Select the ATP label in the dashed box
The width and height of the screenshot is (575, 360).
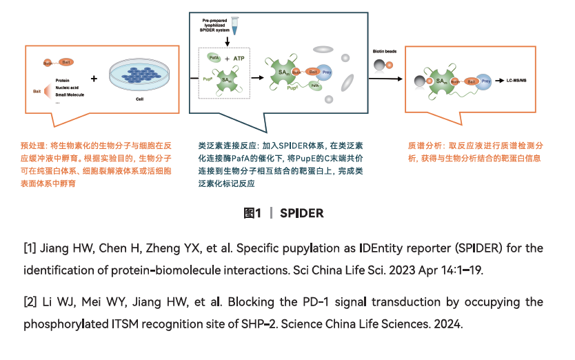(239, 59)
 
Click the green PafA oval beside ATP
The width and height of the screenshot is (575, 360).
(214, 60)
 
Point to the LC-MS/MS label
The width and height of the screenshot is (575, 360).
(516, 81)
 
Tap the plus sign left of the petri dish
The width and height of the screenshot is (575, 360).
(94, 77)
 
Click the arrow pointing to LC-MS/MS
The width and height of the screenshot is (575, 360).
(499, 81)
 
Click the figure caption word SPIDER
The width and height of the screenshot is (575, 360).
(301, 213)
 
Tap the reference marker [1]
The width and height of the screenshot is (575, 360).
(30, 248)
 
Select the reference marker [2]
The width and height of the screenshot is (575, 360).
(30, 303)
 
